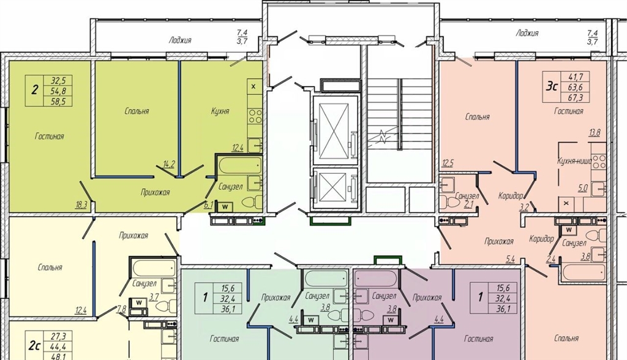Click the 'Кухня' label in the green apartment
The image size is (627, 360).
pyautogui.click(x=220, y=111)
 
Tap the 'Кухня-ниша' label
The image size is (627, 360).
pyautogui.click(x=574, y=161)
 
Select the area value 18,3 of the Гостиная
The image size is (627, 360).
pyautogui.click(x=81, y=205)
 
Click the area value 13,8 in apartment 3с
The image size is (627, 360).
pyautogui.click(x=594, y=133)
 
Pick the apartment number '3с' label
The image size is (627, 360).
pyautogui.click(x=552, y=86)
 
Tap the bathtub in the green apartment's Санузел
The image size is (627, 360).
pyautogui.click(x=239, y=165)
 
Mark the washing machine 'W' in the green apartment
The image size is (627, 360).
pyautogui.click(x=225, y=207)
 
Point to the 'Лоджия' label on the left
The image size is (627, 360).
pyautogui.click(x=180, y=40)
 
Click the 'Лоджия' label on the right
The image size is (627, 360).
pyautogui.click(x=527, y=33)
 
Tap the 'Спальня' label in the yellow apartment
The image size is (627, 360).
pyautogui.click(x=50, y=267)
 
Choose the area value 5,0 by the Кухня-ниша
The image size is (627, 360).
pyautogui.click(x=583, y=187)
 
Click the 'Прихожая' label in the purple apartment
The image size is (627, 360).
pyautogui.click(x=427, y=297)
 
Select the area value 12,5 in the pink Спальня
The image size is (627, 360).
pyautogui.click(x=448, y=163)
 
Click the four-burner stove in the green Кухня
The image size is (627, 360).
pyautogui.click(x=255, y=116)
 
